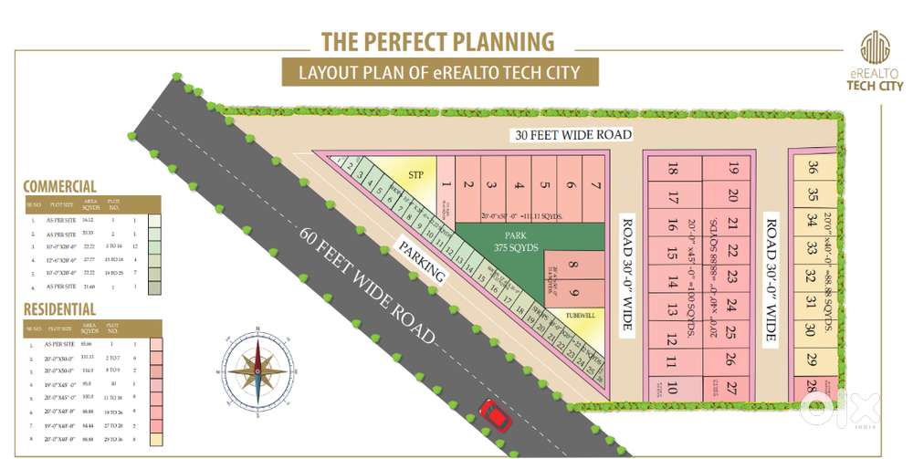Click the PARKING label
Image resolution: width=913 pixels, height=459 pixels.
421,262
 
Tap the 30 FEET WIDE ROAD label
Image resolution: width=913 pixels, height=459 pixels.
572,134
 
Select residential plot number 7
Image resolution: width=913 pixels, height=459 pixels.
594,186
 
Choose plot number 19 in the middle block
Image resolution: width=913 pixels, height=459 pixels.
733,169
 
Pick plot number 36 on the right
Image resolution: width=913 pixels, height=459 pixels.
813,167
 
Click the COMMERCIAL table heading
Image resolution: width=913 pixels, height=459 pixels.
59,185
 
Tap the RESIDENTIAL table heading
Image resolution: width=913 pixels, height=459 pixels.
59,310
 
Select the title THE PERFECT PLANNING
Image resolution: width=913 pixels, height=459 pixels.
437,41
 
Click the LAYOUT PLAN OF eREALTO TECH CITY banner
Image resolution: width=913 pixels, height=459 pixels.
437,72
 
